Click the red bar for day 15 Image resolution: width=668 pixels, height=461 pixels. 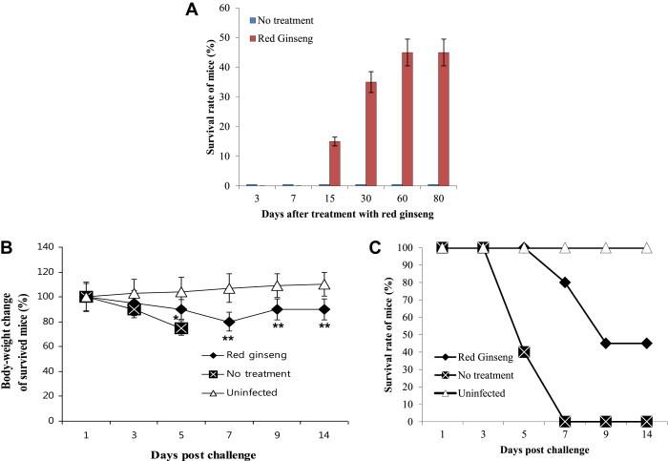pyautogui.click(x=333, y=163)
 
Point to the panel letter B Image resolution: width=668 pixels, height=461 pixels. pyautogui.click(x=9, y=248)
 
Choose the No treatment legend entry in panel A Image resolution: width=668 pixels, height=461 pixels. pyautogui.click(x=287, y=20)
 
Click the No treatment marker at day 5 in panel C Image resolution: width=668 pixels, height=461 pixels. pyautogui.click(x=524, y=352)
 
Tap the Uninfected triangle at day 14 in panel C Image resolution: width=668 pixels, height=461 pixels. pyautogui.click(x=648, y=248)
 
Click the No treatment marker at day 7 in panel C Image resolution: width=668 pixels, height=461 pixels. pyautogui.click(x=565, y=421)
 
